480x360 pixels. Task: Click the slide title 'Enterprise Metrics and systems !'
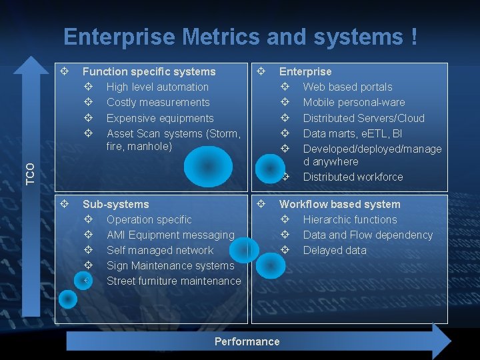click(x=241, y=37)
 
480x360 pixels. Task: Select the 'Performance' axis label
click(x=247, y=341)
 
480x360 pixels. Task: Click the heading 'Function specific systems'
click(x=149, y=71)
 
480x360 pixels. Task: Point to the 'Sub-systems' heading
click(x=115, y=204)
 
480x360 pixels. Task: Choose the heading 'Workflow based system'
click(x=339, y=204)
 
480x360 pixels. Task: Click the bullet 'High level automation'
click(x=157, y=87)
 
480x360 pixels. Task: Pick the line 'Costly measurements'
click(x=158, y=102)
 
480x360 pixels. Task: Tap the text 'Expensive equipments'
click(x=160, y=118)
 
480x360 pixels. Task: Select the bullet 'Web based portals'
click(x=347, y=87)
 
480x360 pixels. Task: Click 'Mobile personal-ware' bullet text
click(x=353, y=102)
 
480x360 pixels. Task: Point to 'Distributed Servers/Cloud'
click(x=363, y=118)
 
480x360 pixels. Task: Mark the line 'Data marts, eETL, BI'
click(x=352, y=133)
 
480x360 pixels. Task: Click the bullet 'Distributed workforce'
click(x=353, y=177)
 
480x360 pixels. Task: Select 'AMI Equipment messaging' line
click(x=170, y=235)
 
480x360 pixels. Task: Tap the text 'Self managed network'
click(x=160, y=250)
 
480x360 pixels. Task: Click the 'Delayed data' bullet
click(x=335, y=250)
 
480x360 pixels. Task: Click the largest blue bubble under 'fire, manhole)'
click(x=209, y=166)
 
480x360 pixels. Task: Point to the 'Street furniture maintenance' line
click(x=173, y=281)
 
